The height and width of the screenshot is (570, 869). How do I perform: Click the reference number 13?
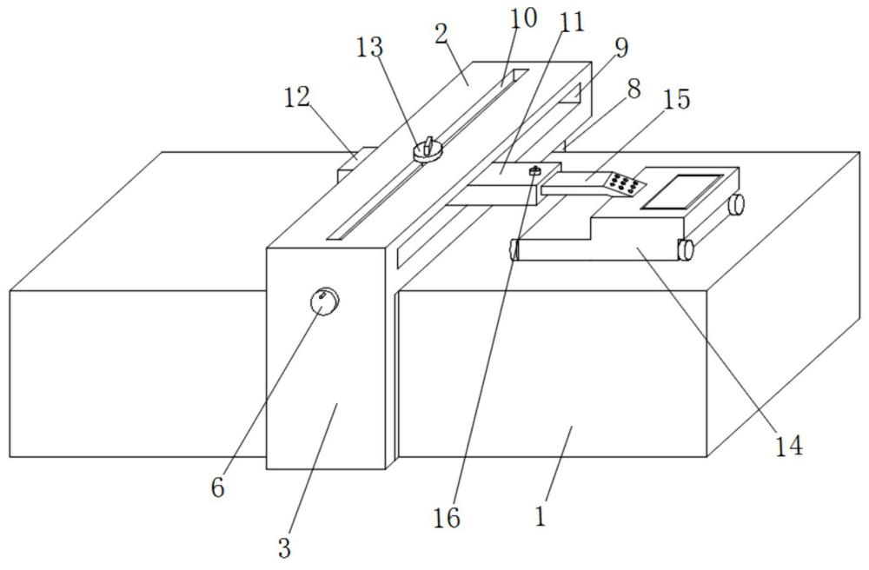(369, 48)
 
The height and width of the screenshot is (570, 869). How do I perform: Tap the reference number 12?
(297, 98)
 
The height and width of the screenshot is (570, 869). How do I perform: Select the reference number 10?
(523, 17)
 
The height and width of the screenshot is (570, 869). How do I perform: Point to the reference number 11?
(572, 23)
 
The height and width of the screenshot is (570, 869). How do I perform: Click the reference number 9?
(622, 48)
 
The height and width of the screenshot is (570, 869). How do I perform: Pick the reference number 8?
(634, 88)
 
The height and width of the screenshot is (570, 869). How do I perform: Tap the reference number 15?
(677, 99)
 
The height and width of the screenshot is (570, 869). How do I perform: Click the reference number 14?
(789, 445)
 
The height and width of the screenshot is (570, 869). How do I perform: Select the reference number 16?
(448, 517)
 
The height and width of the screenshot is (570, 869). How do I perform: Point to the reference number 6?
(218, 487)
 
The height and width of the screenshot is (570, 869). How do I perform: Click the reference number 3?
(284, 548)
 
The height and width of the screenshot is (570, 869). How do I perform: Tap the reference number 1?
(541, 516)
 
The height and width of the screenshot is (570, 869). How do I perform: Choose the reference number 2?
(441, 35)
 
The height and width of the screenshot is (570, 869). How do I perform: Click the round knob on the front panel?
(324, 302)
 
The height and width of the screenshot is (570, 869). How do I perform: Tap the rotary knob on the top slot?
(428, 150)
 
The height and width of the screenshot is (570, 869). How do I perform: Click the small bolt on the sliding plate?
(535, 171)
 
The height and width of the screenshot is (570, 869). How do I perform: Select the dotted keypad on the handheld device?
(625, 184)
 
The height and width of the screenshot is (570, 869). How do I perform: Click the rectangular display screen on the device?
(681, 192)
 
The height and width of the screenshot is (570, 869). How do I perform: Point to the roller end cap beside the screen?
(737, 204)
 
